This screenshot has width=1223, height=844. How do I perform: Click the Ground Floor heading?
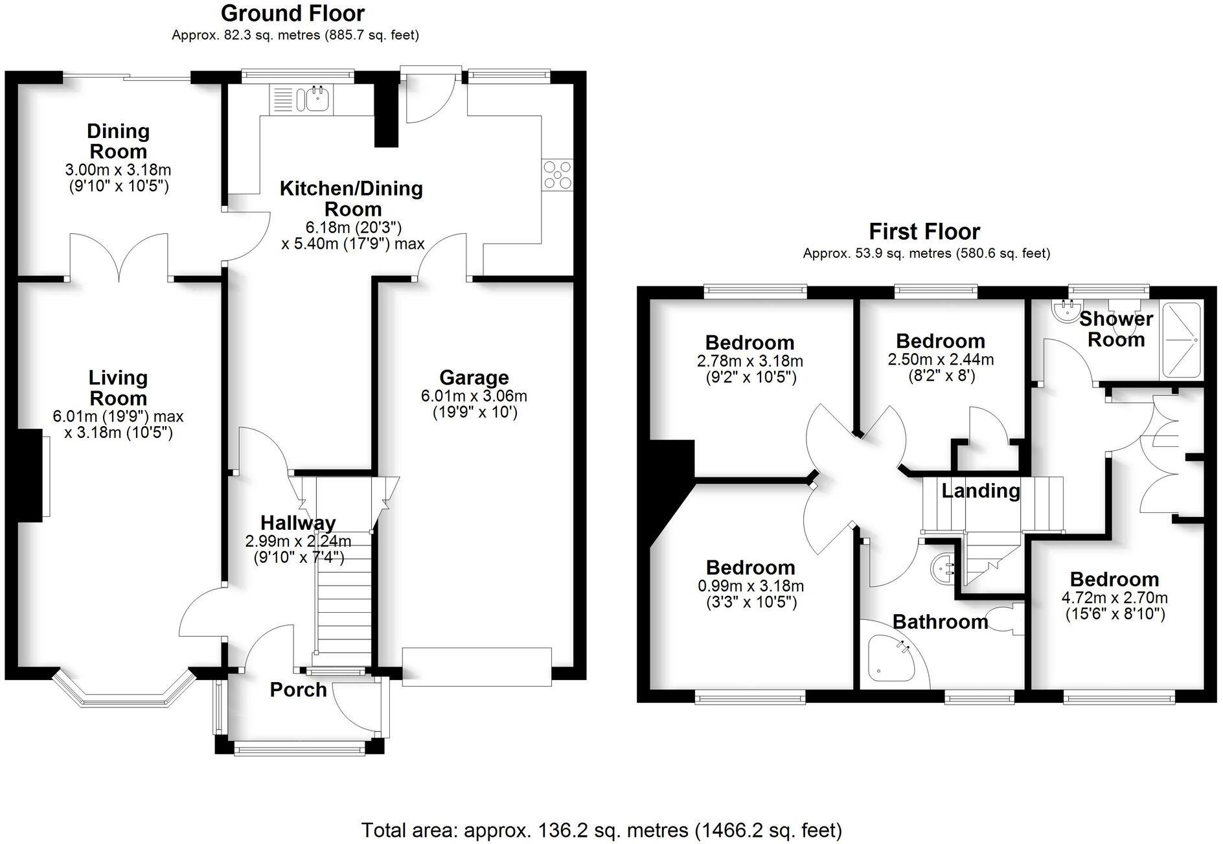click(x=293, y=13)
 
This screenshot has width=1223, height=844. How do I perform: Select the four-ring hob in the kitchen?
click(x=558, y=175)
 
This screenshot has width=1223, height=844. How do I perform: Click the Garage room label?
click(x=474, y=377)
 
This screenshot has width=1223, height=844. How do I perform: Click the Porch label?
click(x=298, y=690)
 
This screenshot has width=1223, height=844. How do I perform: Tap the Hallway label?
click(x=298, y=522)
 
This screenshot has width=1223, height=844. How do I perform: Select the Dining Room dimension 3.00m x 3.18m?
click(x=118, y=170)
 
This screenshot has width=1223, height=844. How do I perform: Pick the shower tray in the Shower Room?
click(x=1180, y=339)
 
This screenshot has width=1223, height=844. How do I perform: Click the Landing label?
click(x=980, y=490)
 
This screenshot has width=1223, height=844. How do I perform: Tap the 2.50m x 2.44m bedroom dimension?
click(x=941, y=359)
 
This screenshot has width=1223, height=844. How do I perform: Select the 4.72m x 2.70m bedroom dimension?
click(x=1115, y=598)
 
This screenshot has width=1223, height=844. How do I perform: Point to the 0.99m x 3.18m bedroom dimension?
click(x=751, y=586)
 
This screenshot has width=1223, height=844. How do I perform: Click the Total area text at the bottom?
click(x=601, y=830)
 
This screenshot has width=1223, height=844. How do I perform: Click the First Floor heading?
click(x=924, y=231)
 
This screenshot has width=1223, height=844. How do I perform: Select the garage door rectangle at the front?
click(x=477, y=667)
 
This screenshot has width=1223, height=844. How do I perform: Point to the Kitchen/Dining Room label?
click(x=352, y=198)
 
